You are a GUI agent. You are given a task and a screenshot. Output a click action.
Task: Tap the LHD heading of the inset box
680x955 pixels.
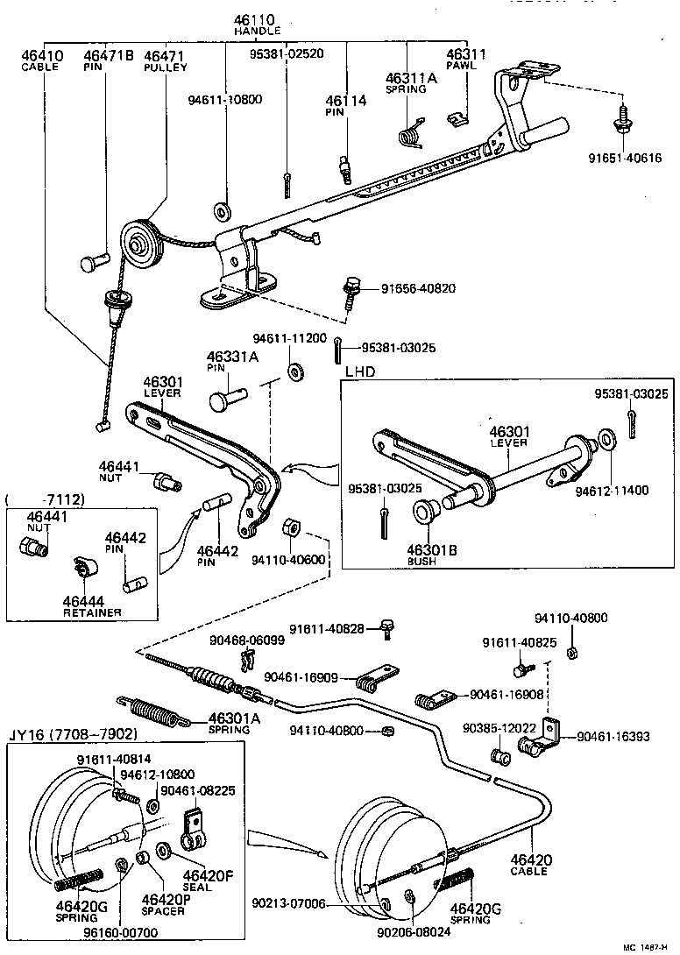pyautogui.click(x=360, y=371)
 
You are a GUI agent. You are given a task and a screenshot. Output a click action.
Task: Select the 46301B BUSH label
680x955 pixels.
pyautogui.click(x=427, y=555)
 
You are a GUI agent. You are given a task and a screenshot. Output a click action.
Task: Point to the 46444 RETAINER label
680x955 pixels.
pyautogui.click(x=91, y=605)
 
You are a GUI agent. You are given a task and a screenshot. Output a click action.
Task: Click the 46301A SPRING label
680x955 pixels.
pyautogui.click(x=234, y=723)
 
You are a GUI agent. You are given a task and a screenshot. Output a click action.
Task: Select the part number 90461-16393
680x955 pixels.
pyautogui.click(x=613, y=737)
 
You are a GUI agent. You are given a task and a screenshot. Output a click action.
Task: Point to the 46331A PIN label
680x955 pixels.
pyautogui.click(x=232, y=362)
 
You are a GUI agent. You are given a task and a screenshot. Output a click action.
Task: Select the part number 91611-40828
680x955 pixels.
pyautogui.click(x=336, y=628)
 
